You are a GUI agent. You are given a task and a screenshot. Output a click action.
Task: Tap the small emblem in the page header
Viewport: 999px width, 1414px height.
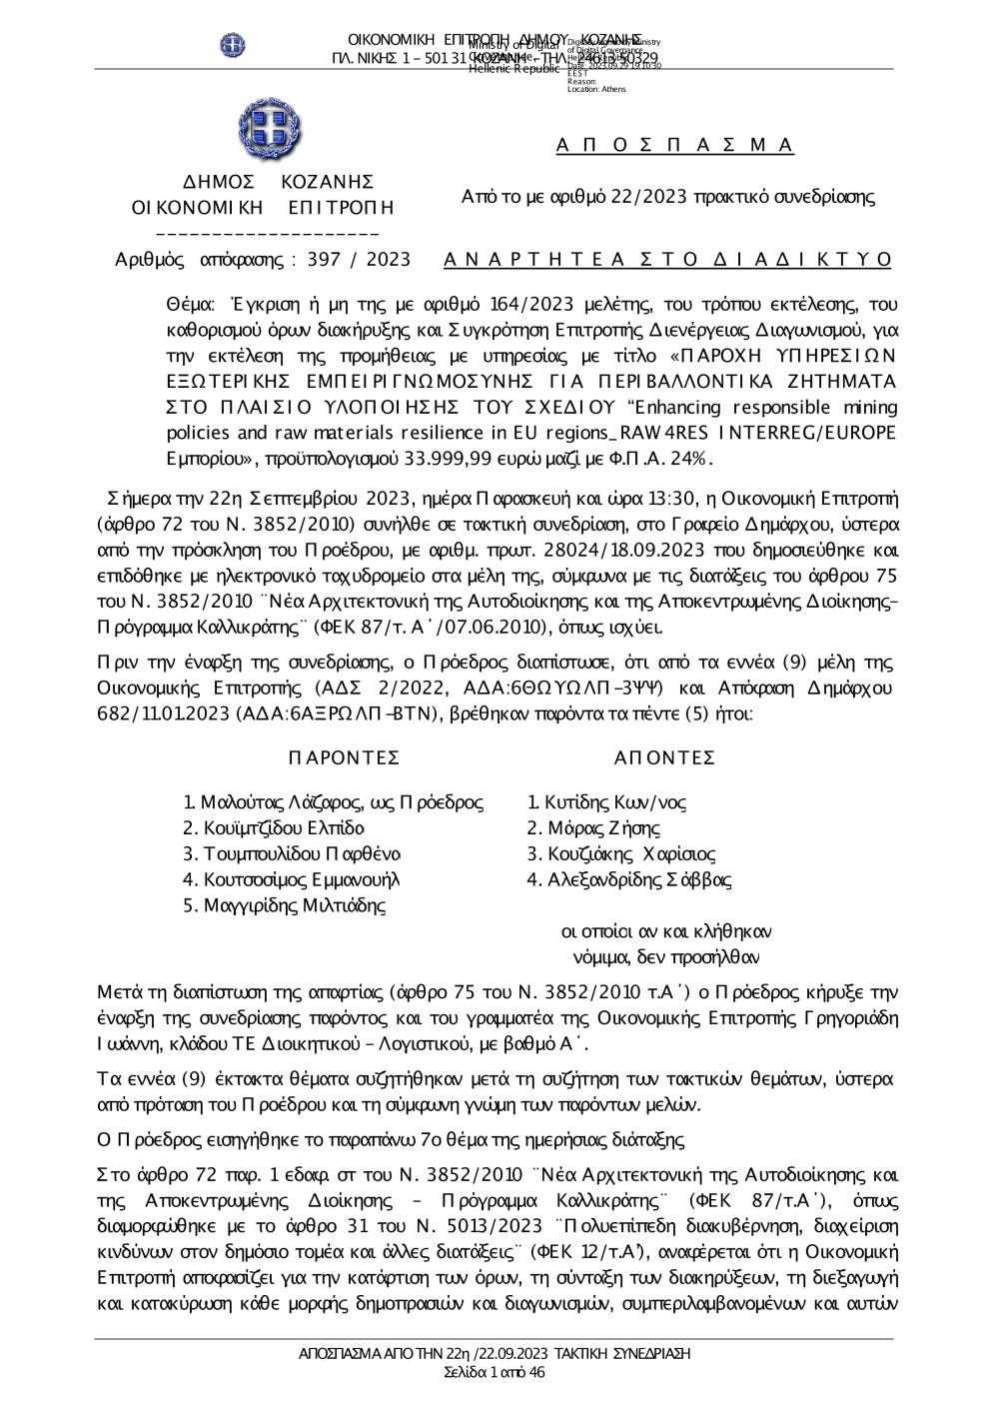click(x=233, y=45)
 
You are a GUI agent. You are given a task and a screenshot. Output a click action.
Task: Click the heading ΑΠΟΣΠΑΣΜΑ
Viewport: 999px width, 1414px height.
click(x=675, y=146)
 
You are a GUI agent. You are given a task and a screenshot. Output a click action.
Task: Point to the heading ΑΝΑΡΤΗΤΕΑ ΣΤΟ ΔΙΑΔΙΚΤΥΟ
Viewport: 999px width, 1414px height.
click(x=667, y=260)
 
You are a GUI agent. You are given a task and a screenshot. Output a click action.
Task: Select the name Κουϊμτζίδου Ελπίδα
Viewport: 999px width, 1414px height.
click(x=273, y=828)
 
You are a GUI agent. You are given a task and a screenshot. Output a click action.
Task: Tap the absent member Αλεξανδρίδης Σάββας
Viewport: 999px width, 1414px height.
click(x=629, y=880)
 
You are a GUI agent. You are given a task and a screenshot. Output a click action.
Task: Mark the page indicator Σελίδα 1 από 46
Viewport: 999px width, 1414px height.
click(x=495, y=1372)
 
